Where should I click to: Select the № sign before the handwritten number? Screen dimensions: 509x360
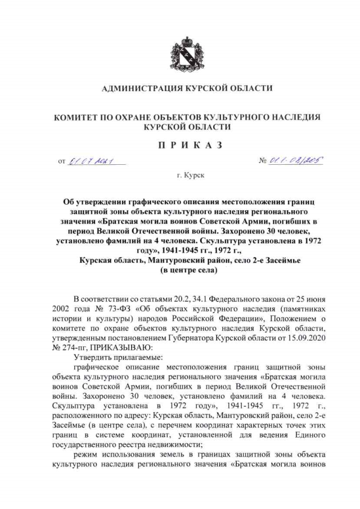coord(262,162)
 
